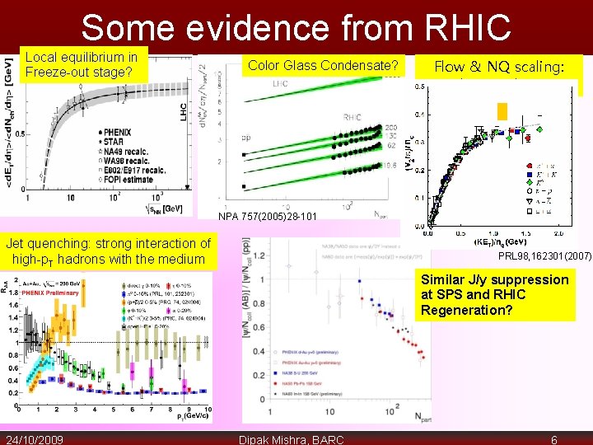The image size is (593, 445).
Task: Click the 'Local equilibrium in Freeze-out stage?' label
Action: (x=82, y=65)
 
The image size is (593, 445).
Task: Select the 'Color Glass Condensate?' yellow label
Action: (x=324, y=66)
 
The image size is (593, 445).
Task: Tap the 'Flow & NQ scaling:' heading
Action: (x=499, y=67)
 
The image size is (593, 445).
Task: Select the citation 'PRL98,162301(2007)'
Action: (x=544, y=257)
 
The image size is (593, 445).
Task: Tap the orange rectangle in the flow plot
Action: (x=502, y=111)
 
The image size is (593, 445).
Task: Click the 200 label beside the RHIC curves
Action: (x=392, y=128)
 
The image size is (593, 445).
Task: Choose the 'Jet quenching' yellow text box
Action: (x=108, y=251)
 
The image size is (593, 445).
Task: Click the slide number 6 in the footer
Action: (x=554, y=439)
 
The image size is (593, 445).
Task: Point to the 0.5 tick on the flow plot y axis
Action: (x=419, y=87)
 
